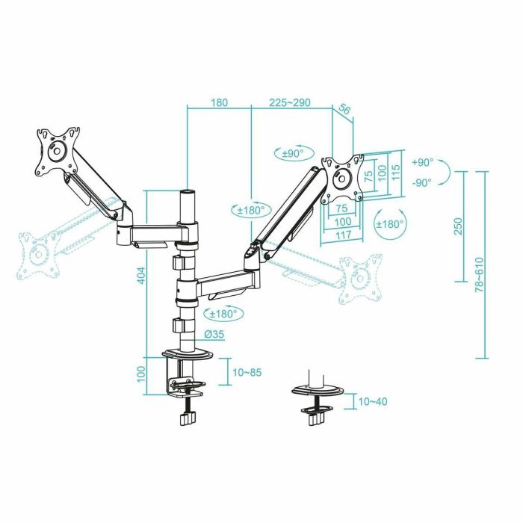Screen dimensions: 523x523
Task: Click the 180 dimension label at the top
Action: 219,102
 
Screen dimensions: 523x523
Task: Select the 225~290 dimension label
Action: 290,102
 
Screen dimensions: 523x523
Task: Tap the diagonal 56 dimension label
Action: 345,109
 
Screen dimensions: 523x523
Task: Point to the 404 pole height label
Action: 141,275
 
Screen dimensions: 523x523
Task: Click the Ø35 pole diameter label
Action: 214,334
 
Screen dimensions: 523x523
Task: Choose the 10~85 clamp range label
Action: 247,372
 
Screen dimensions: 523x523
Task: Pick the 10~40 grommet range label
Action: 373,401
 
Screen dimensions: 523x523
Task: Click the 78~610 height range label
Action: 479,274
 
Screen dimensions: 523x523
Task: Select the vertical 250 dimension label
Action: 459,226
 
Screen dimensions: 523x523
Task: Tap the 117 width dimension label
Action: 343,235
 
